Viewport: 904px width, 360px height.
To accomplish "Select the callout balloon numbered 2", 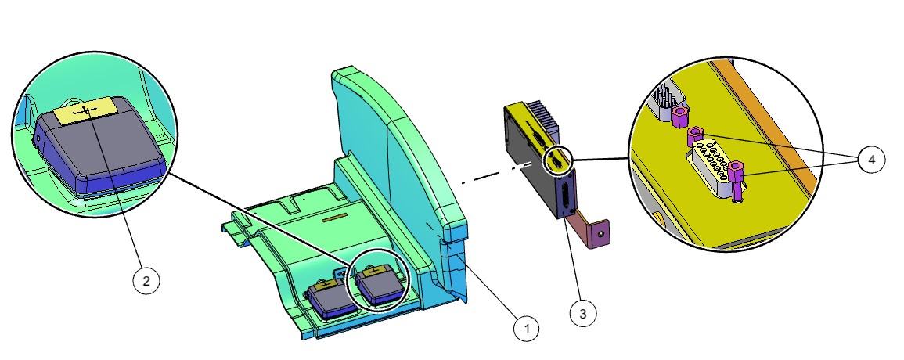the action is click(x=146, y=281).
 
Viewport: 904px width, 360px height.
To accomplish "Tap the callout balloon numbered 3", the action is click(x=583, y=314).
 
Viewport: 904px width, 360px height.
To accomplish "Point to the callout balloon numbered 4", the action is click(x=871, y=160).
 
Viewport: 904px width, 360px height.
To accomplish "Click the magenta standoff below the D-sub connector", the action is click(x=735, y=176).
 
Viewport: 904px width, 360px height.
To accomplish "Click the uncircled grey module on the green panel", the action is click(x=326, y=297).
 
